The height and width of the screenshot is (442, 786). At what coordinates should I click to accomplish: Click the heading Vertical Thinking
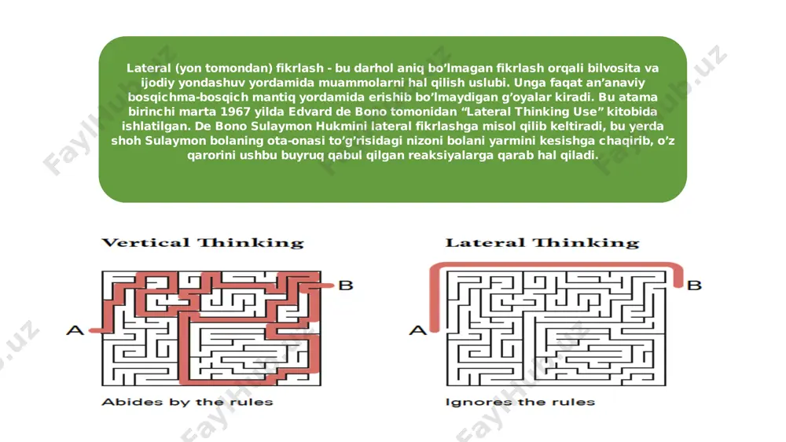pos(203,243)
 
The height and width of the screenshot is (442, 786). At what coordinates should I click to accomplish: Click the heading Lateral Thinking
pos(542,243)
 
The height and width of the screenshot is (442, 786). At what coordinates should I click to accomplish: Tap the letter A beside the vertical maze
pos(75,330)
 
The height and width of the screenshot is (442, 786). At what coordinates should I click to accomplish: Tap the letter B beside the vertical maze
pos(346,285)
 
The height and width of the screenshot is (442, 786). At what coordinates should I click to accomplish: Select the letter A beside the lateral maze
pos(418,330)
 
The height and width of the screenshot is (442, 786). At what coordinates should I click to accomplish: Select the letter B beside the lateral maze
pos(694,285)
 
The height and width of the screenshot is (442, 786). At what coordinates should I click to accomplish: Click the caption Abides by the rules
pos(188,402)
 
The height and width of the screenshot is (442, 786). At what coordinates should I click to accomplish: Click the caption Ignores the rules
pos(520,402)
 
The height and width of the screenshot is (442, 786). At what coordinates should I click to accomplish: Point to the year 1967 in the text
pos(235,112)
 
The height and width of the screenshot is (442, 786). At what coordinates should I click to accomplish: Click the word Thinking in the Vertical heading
pos(251,243)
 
